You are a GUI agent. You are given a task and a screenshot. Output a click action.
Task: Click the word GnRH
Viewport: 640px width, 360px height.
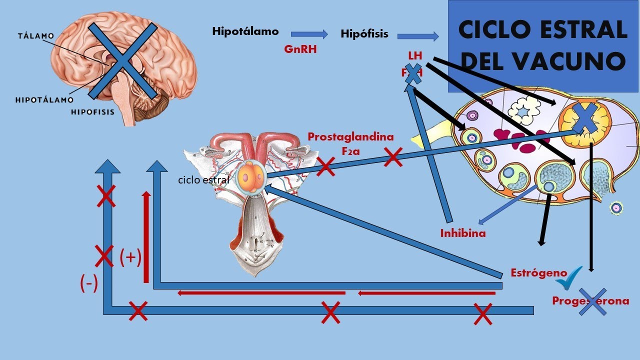coord(300,50)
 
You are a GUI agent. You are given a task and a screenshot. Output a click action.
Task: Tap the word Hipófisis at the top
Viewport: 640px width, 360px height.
coord(364,34)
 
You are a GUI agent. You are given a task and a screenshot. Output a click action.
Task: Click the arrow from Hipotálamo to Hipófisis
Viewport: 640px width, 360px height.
coord(309,34)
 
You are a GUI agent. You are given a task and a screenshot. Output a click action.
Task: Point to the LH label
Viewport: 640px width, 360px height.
coord(415,55)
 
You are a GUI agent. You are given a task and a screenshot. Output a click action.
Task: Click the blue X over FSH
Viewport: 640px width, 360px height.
coord(413,74)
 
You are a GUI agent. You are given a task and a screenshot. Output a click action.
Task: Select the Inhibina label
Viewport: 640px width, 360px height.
coord(462,233)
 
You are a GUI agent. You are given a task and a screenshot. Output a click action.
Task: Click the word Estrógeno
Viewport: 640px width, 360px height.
coord(538,273)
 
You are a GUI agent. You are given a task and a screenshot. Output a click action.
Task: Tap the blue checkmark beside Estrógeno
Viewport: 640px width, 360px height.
coord(569,278)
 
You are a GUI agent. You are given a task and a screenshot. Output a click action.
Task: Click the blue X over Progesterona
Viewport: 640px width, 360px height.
coord(592,301)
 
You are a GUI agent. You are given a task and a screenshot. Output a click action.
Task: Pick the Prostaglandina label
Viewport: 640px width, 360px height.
coord(350,136)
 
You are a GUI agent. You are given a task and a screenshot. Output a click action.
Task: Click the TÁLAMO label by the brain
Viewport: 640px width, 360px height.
coord(35,36)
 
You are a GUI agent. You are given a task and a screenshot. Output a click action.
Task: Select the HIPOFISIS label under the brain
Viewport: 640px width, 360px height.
coord(92,112)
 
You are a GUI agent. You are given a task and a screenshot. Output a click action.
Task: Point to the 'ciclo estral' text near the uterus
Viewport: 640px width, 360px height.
coord(203,179)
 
